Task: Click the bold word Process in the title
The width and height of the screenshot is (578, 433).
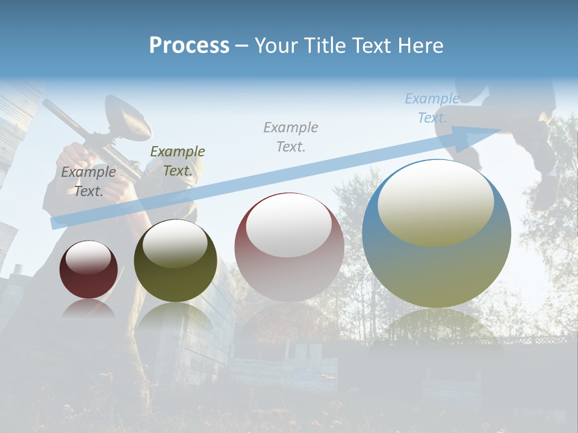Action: point(189,45)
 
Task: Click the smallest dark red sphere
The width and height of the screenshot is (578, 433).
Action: point(89,269)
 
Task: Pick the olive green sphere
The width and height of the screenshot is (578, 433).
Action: point(175,261)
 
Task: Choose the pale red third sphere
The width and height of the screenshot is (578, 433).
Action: point(289,247)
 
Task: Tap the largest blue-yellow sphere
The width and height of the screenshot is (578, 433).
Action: point(437,233)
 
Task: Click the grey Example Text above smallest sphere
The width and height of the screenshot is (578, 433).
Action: point(89,181)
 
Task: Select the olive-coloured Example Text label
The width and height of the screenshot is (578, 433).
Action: point(177,161)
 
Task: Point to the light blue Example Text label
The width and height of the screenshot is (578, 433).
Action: point(432,108)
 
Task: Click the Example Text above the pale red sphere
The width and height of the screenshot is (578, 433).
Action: point(291,137)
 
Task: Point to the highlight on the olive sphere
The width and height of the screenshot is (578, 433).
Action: point(175,242)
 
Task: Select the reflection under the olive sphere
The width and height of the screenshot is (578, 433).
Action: point(175,315)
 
